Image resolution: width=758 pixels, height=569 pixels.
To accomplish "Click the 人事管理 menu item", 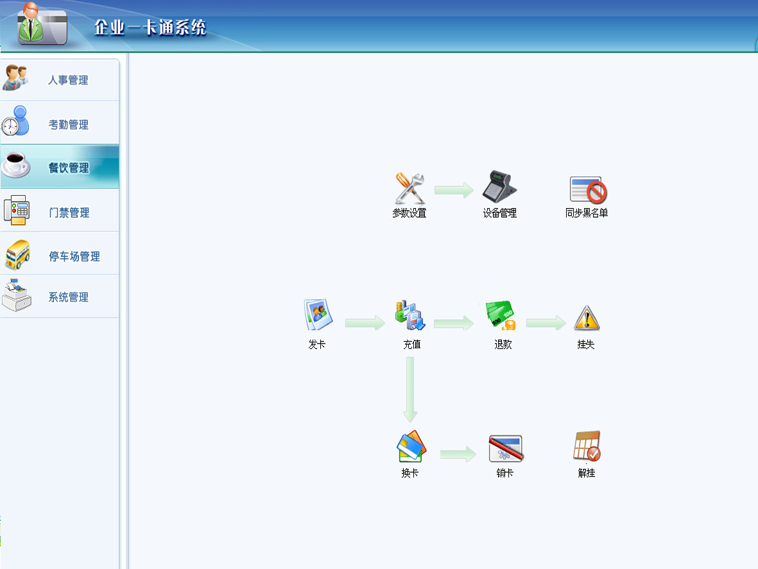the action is click(68, 80).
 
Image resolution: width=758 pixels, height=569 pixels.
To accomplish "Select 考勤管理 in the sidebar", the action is click(68, 125).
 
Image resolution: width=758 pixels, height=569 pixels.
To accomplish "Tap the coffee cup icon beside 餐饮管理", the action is click(16, 164).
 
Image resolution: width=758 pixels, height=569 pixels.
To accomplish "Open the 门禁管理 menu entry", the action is click(69, 213).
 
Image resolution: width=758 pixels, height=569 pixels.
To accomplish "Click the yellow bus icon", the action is click(17, 254).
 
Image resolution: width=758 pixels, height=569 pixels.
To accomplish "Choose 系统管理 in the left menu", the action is click(68, 297).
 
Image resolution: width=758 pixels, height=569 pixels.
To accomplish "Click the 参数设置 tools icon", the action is click(409, 188).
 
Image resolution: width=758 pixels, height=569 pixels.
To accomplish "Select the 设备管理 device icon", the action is click(499, 186).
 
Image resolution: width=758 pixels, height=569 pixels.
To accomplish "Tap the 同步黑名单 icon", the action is click(589, 189).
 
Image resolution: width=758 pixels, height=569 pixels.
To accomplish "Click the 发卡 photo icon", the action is click(318, 315).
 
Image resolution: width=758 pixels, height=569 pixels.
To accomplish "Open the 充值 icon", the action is click(410, 315).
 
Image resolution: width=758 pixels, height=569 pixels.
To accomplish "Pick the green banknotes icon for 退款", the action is click(501, 315).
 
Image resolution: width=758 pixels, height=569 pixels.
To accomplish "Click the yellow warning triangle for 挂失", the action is click(587, 319).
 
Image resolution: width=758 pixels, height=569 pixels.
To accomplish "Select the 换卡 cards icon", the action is click(411, 446).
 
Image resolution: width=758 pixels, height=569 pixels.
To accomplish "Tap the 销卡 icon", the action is click(506, 448).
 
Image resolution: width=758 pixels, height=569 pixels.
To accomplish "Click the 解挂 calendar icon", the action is click(587, 446).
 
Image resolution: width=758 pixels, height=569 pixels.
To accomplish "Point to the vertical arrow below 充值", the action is click(410, 389).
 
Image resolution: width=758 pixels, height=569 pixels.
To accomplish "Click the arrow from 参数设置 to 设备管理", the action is click(454, 190).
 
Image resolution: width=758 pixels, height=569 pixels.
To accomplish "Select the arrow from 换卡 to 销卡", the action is click(458, 454).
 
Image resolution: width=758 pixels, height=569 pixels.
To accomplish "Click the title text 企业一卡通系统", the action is click(150, 28).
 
